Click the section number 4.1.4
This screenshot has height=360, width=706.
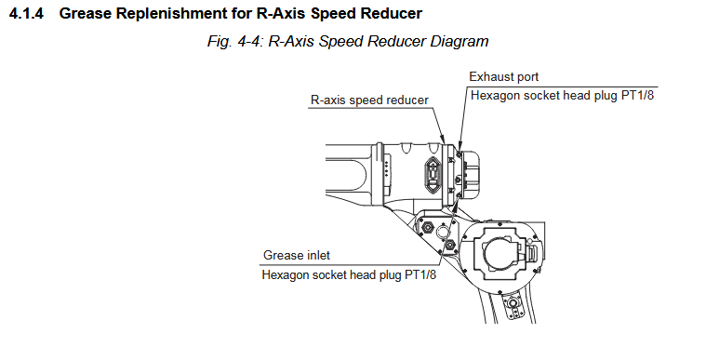[x=27, y=14]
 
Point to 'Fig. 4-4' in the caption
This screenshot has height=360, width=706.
[x=234, y=42]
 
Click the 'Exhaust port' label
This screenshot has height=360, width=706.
[x=504, y=77]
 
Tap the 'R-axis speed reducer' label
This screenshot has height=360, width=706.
[x=369, y=100]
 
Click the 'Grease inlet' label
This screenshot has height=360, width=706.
[x=297, y=256]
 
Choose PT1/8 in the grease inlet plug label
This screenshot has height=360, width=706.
[x=420, y=274]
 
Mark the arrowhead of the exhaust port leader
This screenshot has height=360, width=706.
[x=460, y=146]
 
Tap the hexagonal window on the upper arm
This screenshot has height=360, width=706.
[x=433, y=173]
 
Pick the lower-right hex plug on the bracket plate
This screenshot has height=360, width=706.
[x=450, y=246]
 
